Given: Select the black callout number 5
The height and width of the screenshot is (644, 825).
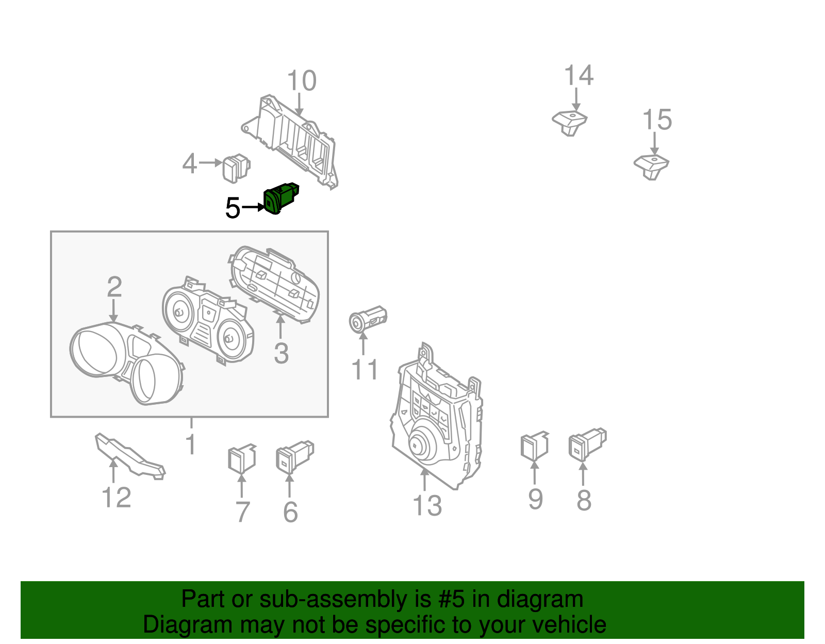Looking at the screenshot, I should pyautogui.click(x=233, y=208).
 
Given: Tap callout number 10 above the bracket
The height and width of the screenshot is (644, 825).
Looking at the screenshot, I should pyautogui.click(x=302, y=81).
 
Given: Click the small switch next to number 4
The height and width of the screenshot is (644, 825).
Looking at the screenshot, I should pyautogui.click(x=236, y=168).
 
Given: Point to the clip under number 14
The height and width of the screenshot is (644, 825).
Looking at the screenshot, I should pyautogui.click(x=570, y=122).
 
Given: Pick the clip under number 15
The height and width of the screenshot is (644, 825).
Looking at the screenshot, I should pyautogui.click(x=651, y=166).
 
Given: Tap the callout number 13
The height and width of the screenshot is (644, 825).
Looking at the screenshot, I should pyautogui.click(x=427, y=506).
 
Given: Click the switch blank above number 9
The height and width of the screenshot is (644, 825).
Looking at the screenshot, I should pyautogui.click(x=534, y=446).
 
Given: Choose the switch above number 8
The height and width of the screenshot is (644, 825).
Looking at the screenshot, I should pyautogui.click(x=586, y=443).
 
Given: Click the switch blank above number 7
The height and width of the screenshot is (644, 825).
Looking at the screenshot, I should pyautogui.click(x=241, y=458).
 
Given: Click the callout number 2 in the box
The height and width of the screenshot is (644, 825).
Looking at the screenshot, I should pyautogui.click(x=114, y=287).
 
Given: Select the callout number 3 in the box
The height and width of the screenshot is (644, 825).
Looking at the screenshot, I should pyautogui.click(x=281, y=354).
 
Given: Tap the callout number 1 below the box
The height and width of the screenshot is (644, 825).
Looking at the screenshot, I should pyautogui.click(x=191, y=444).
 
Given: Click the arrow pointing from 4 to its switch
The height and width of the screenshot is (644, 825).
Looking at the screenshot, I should pyautogui.click(x=210, y=163).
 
